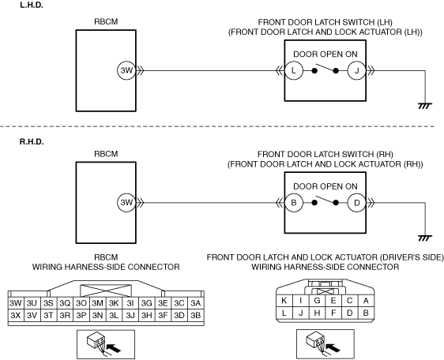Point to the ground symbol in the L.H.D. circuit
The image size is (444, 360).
point(425,106)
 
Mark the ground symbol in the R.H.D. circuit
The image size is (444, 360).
point(425,238)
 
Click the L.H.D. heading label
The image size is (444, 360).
point(32,5)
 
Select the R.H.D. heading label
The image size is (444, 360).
point(32,141)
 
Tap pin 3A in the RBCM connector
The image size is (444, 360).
point(196,303)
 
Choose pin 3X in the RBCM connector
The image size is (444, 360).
point(16,315)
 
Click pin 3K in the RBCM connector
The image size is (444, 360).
point(114,303)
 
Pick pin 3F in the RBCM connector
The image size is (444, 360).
point(163,315)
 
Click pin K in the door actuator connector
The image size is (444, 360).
point(284,301)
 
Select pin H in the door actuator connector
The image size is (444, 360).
point(317,313)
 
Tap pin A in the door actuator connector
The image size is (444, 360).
point(366,301)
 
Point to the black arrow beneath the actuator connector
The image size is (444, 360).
point(333,347)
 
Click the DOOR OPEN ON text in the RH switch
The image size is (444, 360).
point(325,186)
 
